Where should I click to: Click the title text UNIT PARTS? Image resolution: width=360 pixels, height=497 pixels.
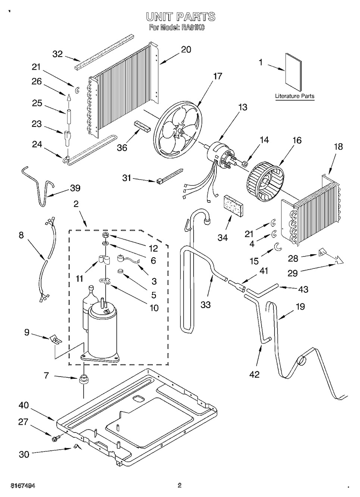(x=181, y=17)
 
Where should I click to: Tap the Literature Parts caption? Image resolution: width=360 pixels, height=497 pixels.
(x=295, y=96)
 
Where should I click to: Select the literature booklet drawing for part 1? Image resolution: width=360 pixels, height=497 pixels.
(x=293, y=72)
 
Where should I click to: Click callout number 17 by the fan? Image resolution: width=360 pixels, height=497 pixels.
(x=217, y=76)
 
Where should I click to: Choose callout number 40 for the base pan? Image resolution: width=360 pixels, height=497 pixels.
(x=24, y=406)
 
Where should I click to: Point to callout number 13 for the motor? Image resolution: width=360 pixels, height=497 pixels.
(x=242, y=107)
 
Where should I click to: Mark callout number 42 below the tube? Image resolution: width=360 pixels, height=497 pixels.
(x=254, y=374)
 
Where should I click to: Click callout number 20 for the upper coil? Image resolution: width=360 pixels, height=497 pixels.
(x=186, y=50)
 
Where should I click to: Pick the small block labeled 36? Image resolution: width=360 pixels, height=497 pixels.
(x=142, y=126)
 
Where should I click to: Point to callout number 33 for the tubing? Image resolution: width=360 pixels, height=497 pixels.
(x=206, y=305)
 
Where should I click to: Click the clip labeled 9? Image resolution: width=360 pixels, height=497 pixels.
(x=55, y=339)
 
